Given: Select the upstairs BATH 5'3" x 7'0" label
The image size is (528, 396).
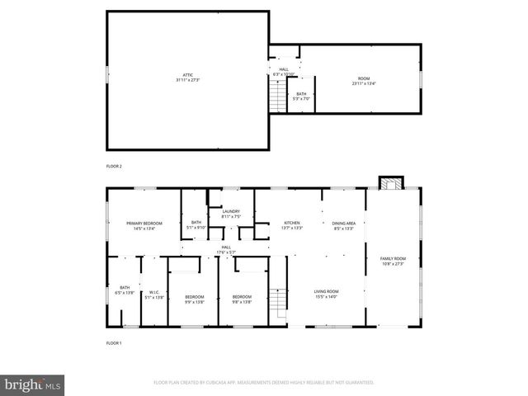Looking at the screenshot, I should click(x=301, y=96).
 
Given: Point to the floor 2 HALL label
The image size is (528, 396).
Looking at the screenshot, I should click(x=284, y=72).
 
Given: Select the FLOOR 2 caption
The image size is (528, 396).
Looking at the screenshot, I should click(x=114, y=167).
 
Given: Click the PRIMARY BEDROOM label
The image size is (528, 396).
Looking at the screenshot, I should click(x=144, y=225).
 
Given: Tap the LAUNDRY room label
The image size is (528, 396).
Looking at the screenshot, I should click(x=231, y=214).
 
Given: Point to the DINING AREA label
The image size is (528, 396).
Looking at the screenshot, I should click(x=343, y=225).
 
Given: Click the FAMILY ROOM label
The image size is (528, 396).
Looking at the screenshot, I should click(x=393, y=262).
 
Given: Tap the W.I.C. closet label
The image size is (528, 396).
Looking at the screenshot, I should click(x=153, y=294).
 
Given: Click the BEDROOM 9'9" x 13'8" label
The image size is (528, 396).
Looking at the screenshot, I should click(x=194, y=299).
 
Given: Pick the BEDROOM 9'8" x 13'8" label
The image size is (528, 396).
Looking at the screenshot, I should click(x=241, y=299).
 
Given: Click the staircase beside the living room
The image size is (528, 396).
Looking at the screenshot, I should click(x=280, y=304).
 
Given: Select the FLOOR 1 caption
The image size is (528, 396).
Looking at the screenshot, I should click(x=114, y=342).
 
